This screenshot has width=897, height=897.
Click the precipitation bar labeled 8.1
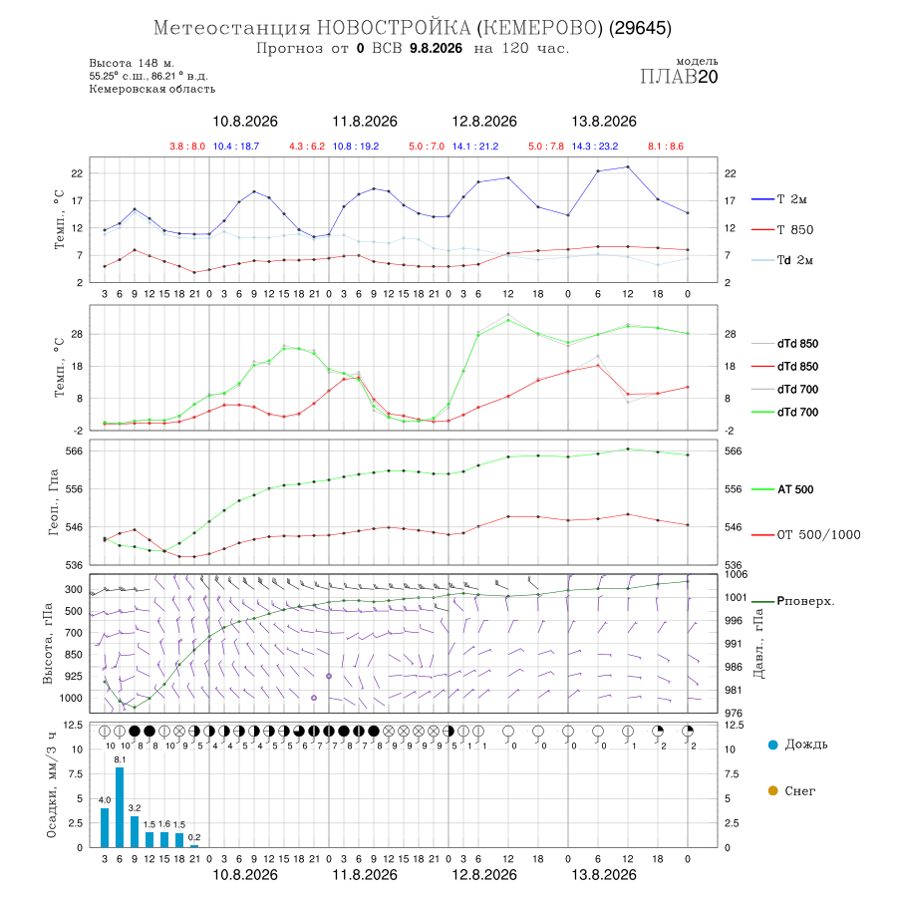point(120,807)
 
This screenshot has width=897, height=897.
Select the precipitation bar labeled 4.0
point(105,828)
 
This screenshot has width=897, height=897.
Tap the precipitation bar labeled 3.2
point(135,832)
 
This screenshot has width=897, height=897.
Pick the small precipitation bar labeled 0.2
point(194,846)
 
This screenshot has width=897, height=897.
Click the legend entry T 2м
point(779,199)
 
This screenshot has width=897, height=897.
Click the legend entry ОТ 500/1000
point(806,534)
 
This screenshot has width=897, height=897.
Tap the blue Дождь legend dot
point(772,745)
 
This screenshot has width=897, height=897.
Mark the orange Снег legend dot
point(772,790)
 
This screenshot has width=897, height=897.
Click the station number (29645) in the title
point(640,28)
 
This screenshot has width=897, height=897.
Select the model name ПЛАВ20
point(679,76)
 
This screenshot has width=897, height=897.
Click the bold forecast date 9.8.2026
point(436,48)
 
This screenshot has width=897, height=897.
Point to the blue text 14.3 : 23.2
point(595,146)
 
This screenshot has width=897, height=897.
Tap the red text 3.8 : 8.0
point(187,146)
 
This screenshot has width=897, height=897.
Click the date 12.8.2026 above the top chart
point(484,122)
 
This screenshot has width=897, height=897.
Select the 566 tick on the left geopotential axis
point(75,450)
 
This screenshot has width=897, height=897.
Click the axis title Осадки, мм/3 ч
point(52,785)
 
